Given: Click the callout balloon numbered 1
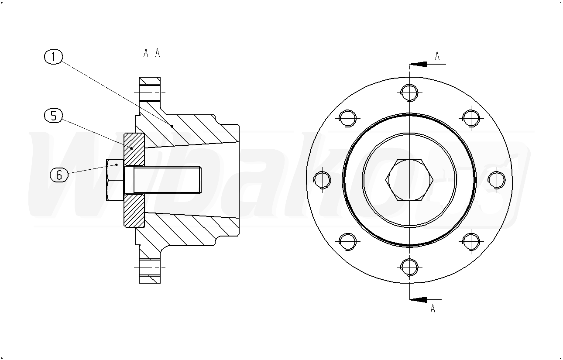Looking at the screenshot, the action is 54,57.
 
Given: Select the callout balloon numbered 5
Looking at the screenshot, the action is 54,116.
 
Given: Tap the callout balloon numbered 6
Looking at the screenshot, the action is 59,175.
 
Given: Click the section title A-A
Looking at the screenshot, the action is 151,53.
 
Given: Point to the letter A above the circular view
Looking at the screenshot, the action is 437,56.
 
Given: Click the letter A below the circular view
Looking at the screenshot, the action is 433,308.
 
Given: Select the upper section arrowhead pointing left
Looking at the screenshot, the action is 418,64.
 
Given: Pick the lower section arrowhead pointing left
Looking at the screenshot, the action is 418,299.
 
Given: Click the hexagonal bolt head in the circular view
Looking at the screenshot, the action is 409,180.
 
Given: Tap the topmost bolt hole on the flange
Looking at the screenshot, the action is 409,93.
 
